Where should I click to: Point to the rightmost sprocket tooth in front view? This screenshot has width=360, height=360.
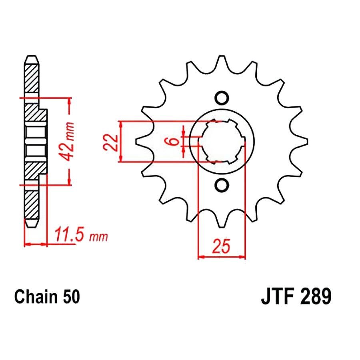click(x=304, y=141)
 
